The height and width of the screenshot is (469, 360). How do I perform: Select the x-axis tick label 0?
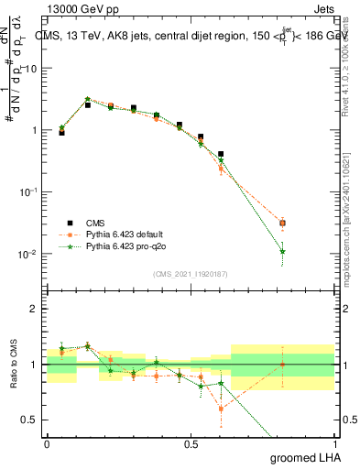[47, 442]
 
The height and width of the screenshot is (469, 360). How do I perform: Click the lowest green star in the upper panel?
[282, 251]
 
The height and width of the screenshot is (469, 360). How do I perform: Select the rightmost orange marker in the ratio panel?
[282, 365]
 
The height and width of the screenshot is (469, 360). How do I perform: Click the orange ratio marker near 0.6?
[221, 409]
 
